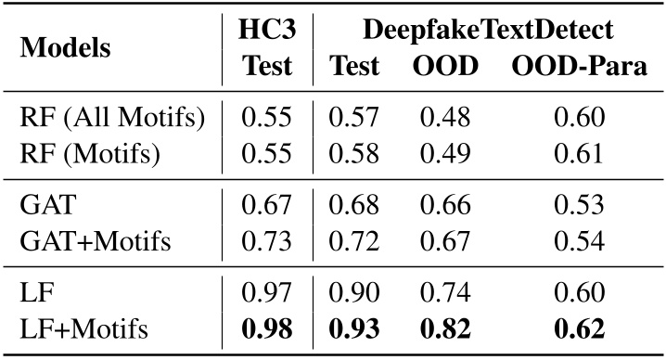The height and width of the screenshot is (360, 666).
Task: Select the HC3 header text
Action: (x=267, y=30)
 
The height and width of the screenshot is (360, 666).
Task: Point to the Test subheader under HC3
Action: (x=267, y=67)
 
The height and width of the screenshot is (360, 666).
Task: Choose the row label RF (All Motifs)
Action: (x=112, y=118)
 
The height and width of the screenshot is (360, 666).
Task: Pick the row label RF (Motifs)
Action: (x=89, y=152)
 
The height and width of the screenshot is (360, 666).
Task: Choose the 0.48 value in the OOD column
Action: (x=444, y=118)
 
